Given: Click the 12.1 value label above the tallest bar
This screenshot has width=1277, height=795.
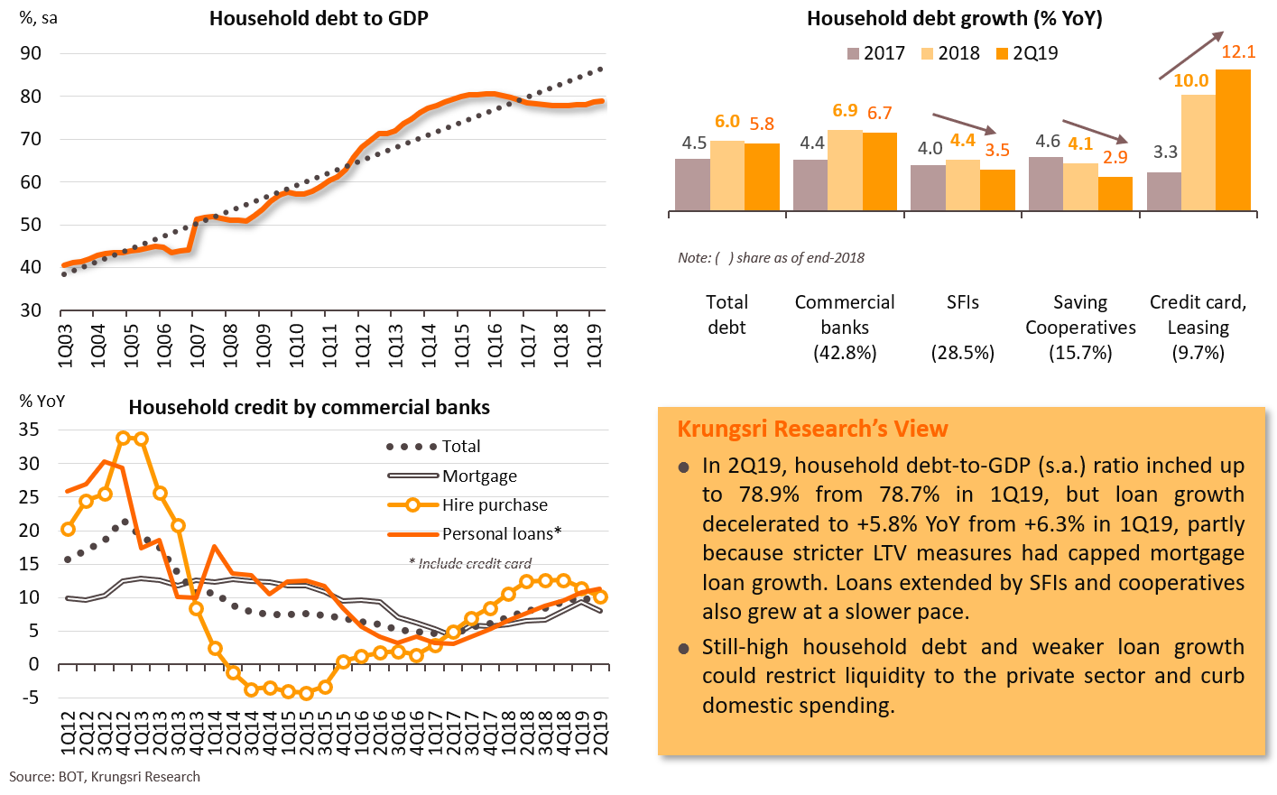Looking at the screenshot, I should (1238, 52).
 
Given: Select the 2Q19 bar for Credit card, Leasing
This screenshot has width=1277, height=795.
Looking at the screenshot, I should (1233, 140).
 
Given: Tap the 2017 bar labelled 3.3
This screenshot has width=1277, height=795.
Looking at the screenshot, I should (1163, 191).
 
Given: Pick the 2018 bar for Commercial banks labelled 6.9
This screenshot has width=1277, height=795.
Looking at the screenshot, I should (845, 171).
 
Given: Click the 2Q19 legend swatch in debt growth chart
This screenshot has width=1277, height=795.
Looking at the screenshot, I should (1002, 54).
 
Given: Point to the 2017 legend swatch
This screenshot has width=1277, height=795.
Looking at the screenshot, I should (854, 54).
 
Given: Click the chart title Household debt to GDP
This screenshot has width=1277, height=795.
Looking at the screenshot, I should (318, 18).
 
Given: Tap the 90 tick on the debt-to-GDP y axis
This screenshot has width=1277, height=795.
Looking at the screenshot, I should (31, 53).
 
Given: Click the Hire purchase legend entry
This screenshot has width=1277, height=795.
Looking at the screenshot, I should (495, 505).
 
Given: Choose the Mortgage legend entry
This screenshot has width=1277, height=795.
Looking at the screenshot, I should (479, 476).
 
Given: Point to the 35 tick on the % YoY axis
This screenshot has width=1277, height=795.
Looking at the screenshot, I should (30, 430).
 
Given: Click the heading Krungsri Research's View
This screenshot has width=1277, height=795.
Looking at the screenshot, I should (812, 429).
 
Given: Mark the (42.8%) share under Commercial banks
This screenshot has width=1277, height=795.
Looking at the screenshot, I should (845, 353).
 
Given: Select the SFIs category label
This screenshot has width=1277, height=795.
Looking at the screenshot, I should (963, 302).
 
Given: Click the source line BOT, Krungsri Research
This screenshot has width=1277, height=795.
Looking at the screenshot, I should (105, 777).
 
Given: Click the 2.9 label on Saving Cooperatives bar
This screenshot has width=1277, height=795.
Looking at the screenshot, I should (1115, 157).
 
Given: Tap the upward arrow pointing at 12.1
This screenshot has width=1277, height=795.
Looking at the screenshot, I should (1191, 56).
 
